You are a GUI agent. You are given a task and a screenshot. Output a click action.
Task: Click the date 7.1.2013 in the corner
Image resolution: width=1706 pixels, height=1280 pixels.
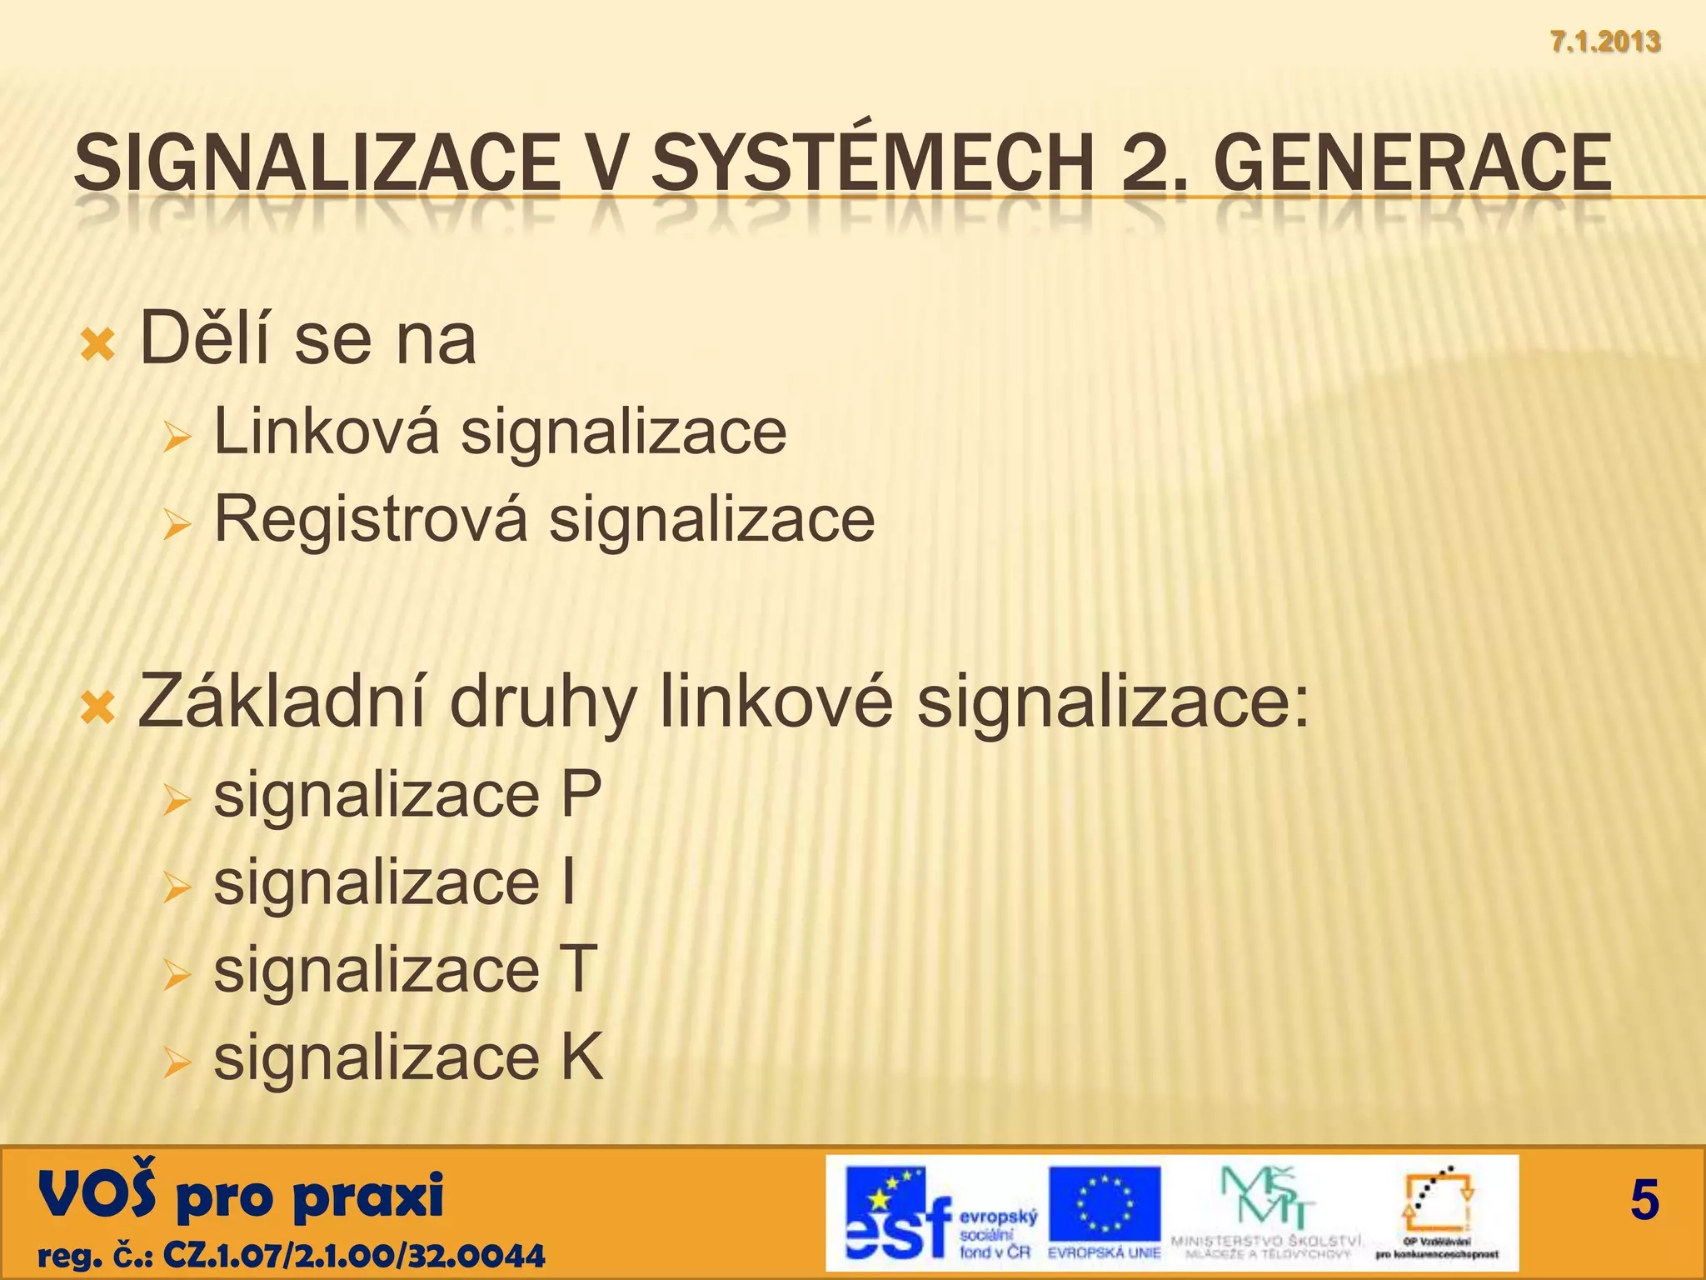1605,41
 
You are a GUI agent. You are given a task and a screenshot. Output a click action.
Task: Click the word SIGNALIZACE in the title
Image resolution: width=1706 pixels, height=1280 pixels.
317,162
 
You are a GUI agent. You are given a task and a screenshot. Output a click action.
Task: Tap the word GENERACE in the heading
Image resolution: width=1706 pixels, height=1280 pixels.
1417,162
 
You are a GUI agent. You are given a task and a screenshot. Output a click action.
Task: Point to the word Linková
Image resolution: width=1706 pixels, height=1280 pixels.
326,431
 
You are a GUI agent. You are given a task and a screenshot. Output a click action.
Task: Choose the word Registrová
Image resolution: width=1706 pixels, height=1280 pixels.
371,518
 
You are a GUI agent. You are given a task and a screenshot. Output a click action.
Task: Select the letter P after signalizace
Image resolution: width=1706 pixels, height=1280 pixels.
581,794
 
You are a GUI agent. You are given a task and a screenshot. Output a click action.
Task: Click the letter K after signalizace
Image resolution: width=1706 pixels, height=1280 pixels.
581,1057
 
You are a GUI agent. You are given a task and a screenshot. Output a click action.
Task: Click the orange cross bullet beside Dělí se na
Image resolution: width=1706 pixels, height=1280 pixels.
97,344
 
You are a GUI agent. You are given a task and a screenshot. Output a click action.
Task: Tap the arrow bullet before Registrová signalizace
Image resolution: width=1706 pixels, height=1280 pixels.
177,525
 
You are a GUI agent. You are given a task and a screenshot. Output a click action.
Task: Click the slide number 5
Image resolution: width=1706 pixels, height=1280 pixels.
1644,1201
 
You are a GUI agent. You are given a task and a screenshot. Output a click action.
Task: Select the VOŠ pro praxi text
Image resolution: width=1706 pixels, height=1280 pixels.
241,1194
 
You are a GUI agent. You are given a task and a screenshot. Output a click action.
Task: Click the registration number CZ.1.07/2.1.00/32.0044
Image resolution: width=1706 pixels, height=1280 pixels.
354,1254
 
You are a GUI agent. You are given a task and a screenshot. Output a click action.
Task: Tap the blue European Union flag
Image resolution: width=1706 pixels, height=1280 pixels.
1104,1204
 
